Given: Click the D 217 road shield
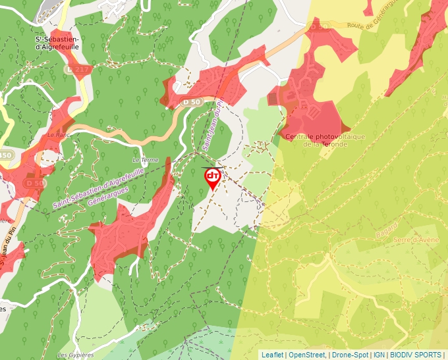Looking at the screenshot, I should coord(74,68).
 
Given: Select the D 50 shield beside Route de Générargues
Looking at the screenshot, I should coord(318,27).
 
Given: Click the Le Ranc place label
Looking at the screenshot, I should coord(59,134).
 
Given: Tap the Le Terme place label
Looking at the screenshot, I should coord(145,160).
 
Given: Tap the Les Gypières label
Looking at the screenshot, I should coord(75,355).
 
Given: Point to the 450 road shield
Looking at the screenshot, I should coord(5,155).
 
